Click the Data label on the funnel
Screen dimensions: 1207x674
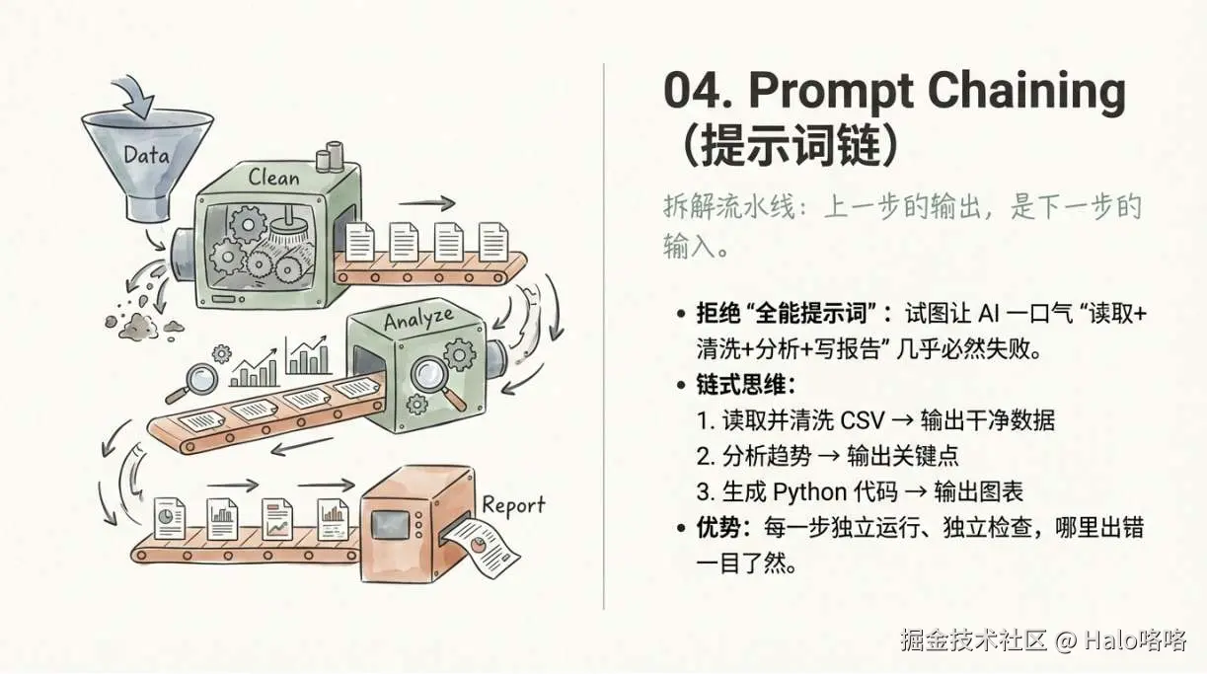coord(147,155)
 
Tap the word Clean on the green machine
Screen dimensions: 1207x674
coord(273,178)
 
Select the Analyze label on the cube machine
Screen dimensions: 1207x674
coord(418,319)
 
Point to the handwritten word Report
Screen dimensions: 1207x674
coord(513,506)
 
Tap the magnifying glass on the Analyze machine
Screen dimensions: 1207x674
coord(435,379)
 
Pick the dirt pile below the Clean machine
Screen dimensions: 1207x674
coord(142,325)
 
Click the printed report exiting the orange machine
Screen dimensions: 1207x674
coord(483,547)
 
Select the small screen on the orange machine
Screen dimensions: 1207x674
coord(390,524)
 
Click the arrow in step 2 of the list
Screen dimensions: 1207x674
coord(829,456)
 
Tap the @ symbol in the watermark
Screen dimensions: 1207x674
coord(1065,640)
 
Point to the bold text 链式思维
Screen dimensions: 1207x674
coord(740,385)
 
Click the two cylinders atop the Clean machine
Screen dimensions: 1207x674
coord(330,157)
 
